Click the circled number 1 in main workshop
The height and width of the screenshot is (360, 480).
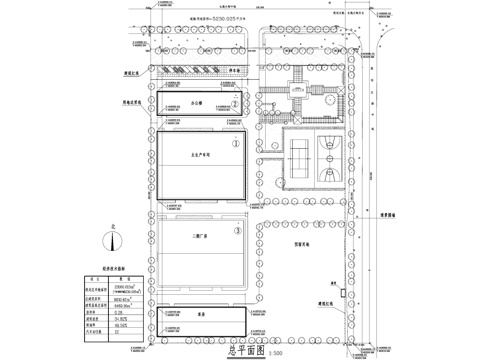pos(235,143)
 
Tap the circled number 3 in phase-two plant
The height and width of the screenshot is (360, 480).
pos(236,232)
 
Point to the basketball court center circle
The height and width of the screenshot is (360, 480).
pos(330,157)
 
